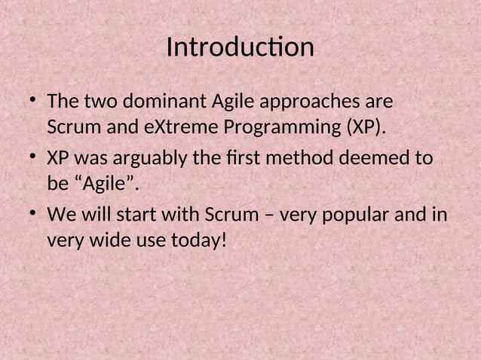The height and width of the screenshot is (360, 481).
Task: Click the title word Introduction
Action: (240, 47)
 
